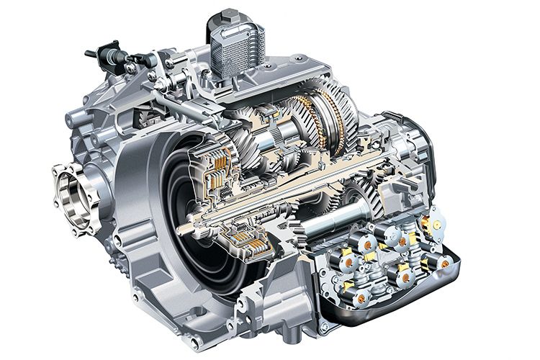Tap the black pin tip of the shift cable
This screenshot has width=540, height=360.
tap(89, 53)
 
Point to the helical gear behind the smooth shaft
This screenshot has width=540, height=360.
tap(367, 194)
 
